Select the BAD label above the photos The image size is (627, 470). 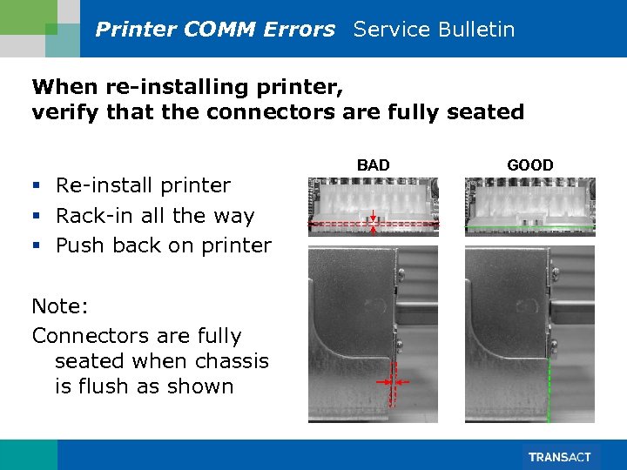coord(373,165)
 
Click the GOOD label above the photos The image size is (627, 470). coord(529,165)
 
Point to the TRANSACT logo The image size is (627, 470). coord(559,457)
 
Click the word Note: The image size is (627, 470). coord(61,306)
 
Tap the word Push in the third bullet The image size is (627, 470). coord(81,245)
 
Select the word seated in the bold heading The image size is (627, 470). coord(489,112)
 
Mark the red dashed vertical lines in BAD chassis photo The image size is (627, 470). coord(394,383)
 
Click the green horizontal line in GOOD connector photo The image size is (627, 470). coord(529,227)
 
